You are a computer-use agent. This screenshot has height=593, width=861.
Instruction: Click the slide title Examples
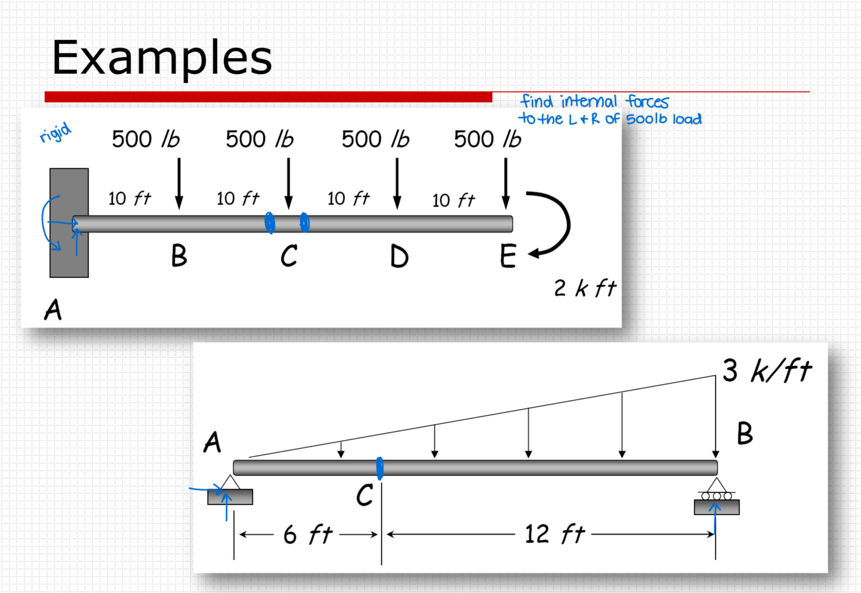[x=162, y=57]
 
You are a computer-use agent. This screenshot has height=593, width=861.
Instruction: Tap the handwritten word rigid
[x=55, y=133]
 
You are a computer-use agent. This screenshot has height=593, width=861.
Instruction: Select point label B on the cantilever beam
[x=179, y=255]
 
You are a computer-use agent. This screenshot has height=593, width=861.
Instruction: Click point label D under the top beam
[x=399, y=256]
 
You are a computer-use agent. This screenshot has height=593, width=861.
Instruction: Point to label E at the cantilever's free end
[x=508, y=256]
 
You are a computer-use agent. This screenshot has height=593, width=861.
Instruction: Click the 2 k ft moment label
[x=584, y=289]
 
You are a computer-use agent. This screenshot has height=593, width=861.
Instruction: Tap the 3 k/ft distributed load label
[x=766, y=371]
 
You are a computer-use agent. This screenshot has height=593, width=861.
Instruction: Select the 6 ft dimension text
[x=308, y=535]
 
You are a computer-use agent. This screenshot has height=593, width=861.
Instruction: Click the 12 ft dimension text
[x=554, y=534]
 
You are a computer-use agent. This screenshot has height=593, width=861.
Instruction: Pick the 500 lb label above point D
[x=375, y=139]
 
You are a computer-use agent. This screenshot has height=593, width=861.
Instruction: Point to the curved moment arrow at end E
[x=559, y=225]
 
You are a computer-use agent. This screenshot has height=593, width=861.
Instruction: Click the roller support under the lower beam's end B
[x=716, y=499]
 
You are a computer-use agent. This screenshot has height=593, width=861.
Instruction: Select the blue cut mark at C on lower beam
[x=379, y=468]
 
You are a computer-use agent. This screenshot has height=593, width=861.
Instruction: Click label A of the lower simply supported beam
[x=213, y=443]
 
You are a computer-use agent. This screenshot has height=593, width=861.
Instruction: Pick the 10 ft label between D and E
[x=453, y=201]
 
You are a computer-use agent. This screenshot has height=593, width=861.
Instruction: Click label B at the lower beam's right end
[x=745, y=433]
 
